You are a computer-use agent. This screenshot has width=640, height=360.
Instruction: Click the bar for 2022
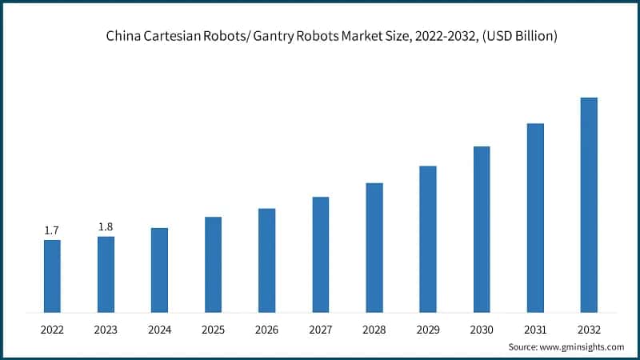click(52, 276)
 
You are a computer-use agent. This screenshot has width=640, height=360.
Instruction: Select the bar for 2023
click(106, 274)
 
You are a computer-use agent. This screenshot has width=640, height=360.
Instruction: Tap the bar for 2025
click(213, 264)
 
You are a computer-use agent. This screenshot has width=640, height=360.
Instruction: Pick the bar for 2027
click(320, 254)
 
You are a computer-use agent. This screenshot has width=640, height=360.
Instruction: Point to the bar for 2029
click(428, 239)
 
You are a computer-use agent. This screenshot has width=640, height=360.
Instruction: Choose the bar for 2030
click(482, 229)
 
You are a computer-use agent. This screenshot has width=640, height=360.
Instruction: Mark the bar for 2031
click(535, 218)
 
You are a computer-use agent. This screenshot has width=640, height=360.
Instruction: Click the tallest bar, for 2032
click(589, 205)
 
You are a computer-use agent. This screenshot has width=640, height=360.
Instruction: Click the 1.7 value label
click(51, 230)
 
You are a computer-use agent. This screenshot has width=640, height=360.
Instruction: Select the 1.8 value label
click(106, 226)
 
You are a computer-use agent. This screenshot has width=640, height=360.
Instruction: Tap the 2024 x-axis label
click(159, 329)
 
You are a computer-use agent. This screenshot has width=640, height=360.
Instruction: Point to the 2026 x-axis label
click(266, 329)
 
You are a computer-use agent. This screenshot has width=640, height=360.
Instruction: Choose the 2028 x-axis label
click(374, 329)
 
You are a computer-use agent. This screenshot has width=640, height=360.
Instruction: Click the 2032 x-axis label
click(589, 329)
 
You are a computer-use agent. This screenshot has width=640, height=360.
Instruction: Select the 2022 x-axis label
click(52, 329)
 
